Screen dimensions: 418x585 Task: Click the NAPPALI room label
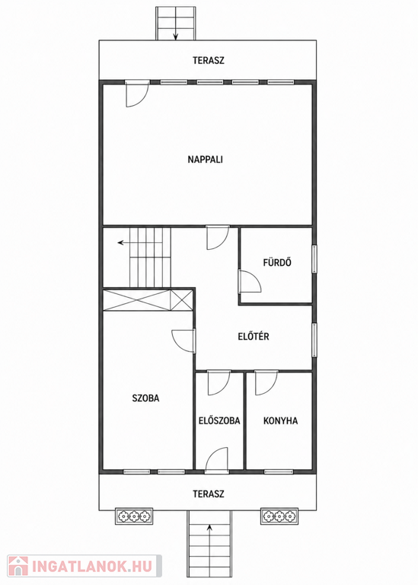(x=205, y=160)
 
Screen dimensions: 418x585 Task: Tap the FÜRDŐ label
(x=277, y=262)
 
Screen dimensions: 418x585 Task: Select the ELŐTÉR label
(x=254, y=336)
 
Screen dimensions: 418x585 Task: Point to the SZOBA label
(x=145, y=398)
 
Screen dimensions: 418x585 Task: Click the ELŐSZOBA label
(x=219, y=420)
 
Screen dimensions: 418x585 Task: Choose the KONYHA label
(x=280, y=420)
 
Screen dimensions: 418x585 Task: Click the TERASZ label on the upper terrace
(x=209, y=60)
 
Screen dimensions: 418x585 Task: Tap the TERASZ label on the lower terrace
(x=209, y=494)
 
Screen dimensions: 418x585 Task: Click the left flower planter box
(x=134, y=516)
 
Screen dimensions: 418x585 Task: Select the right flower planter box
(x=279, y=516)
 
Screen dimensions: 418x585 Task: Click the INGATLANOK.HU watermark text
(x=92, y=567)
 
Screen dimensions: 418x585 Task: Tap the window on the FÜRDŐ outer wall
(x=314, y=259)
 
